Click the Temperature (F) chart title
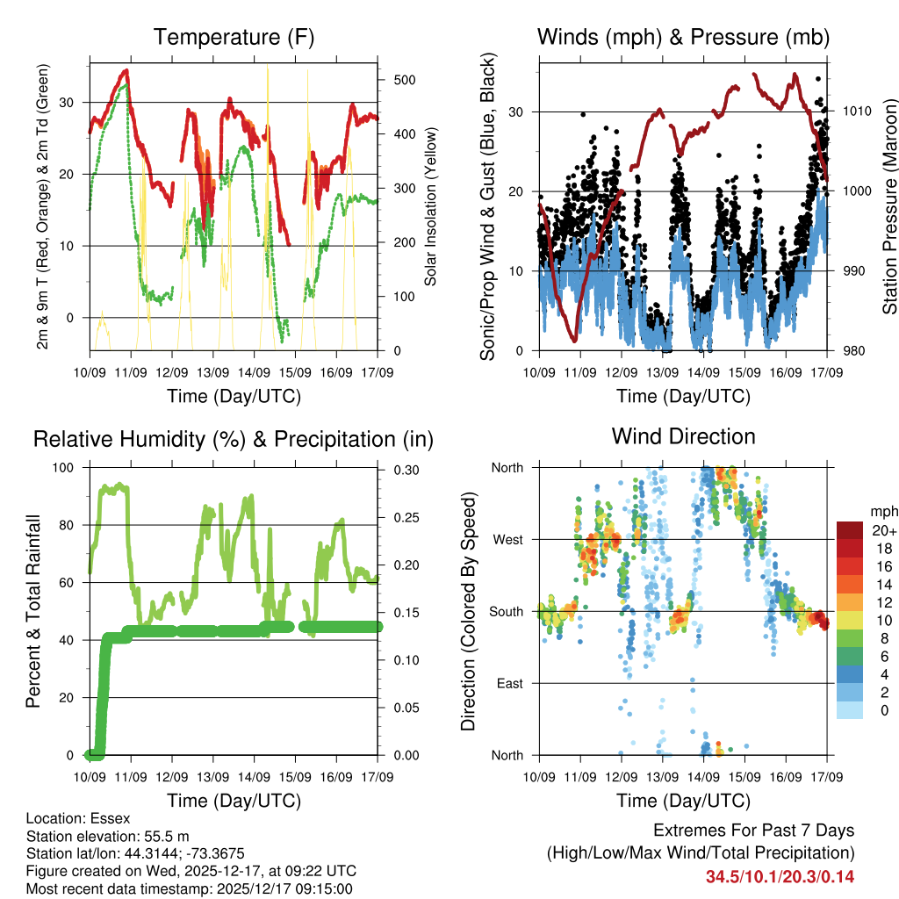click(x=234, y=37)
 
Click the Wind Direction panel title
click(x=683, y=436)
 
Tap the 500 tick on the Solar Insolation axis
click(x=403, y=80)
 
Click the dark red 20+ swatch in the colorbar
click(x=849, y=530)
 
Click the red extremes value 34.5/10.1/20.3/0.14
click(x=780, y=877)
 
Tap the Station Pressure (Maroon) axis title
click(x=889, y=206)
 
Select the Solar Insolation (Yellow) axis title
click(x=430, y=206)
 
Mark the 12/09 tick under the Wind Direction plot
click(x=622, y=776)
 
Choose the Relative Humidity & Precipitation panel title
click(x=234, y=439)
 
